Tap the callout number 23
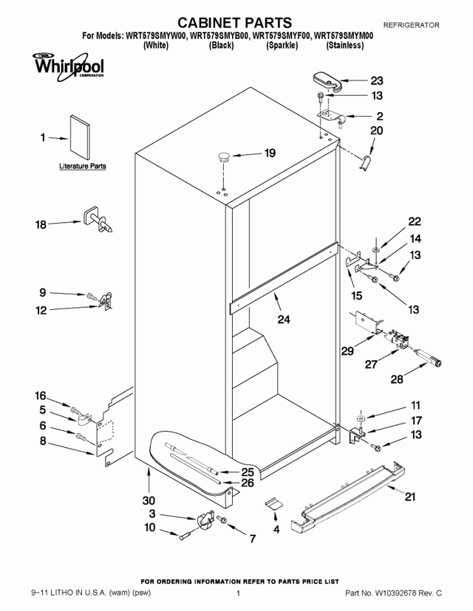[x=377, y=81]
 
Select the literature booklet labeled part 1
[x=78, y=137]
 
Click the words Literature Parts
[x=82, y=167]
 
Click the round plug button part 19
[x=222, y=156]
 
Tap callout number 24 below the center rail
[x=284, y=320]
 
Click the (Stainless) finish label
[x=345, y=45]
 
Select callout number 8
[x=43, y=441]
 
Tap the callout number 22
[x=415, y=221]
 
